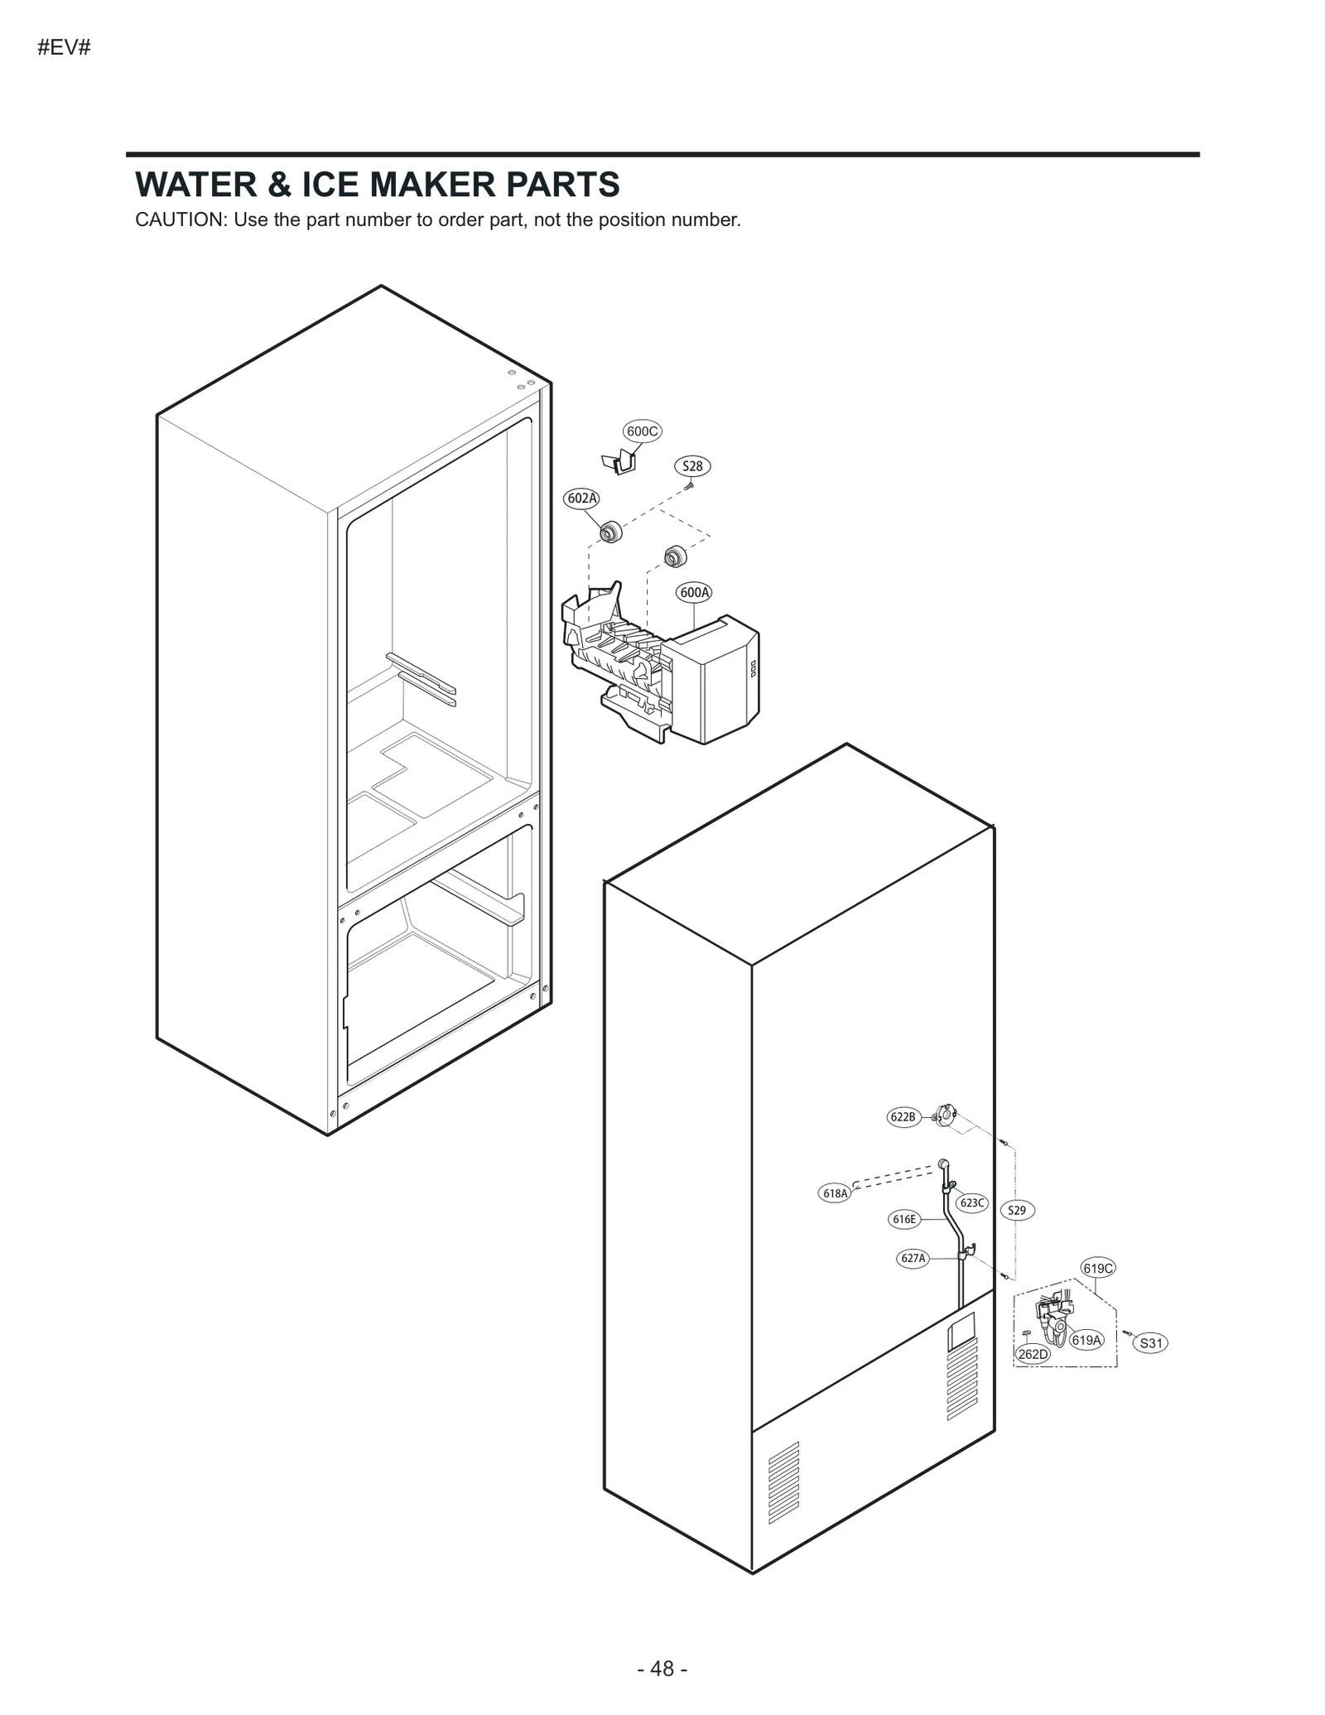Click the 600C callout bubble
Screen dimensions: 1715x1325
[642, 431]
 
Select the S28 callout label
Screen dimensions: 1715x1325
[692, 466]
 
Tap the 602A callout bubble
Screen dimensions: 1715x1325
[582, 498]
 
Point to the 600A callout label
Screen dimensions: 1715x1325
[694, 592]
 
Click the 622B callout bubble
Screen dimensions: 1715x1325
[903, 1117]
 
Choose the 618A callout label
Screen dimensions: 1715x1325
[835, 1193]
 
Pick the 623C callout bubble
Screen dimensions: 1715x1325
[972, 1202]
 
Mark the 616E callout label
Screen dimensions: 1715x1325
[904, 1219]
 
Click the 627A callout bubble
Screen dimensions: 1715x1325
[913, 1259]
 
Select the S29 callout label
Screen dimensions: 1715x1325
[1017, 1211]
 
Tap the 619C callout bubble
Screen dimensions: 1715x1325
[1098, 1268]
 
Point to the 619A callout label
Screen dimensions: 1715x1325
[1086, 1340]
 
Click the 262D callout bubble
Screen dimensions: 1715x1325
[1033, 1354]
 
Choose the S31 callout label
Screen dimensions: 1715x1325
[1150, 1343]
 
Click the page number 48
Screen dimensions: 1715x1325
[662, 1669]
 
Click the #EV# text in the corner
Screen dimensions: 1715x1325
[64, 48]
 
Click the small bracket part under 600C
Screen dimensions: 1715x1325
[619, 461]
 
